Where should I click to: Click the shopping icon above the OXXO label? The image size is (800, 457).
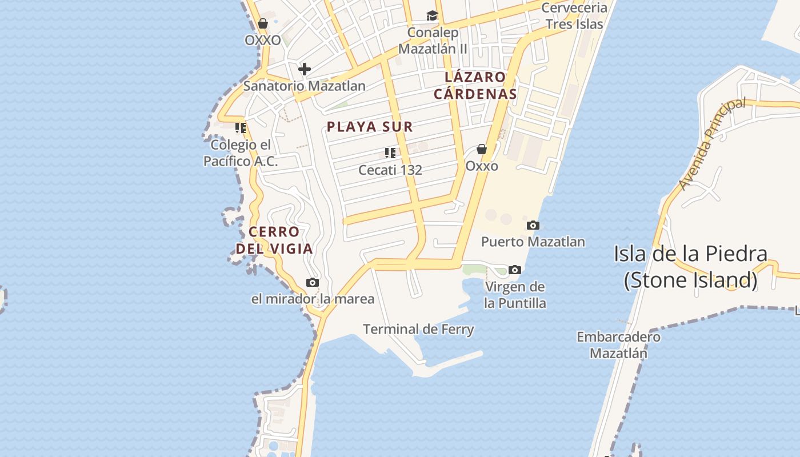[262, 23]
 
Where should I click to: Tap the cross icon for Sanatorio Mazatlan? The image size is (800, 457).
[305, 69]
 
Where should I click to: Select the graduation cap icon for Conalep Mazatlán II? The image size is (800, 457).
[432, 15]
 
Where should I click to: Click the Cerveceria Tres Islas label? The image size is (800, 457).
[574, 16]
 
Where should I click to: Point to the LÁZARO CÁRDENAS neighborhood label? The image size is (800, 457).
[475, 86]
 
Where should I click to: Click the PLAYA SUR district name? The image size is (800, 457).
[370, 127]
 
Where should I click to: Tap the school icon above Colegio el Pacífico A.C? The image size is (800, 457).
[241, 127]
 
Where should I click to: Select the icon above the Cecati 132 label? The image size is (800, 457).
[390, 153]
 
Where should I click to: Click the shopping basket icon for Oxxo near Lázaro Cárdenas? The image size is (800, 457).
[482, 149]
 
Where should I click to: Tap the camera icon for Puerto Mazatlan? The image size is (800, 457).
[533, 225]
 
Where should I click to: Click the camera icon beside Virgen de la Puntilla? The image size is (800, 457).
[514, 270]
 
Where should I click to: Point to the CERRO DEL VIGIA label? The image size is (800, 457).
[274, 240]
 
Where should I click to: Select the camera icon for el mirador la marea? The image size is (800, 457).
[312, 282]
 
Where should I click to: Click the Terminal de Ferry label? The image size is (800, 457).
[418, 329]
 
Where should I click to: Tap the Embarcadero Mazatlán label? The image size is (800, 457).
[618, 345]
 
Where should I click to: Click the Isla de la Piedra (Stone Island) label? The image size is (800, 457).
[690, 267]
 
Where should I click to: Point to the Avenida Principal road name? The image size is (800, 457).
[712, 143]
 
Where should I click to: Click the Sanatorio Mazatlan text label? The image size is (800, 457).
[304, 86]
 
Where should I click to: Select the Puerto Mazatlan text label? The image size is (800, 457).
[533, 242]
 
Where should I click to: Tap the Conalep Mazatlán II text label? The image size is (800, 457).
[433, 41]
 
